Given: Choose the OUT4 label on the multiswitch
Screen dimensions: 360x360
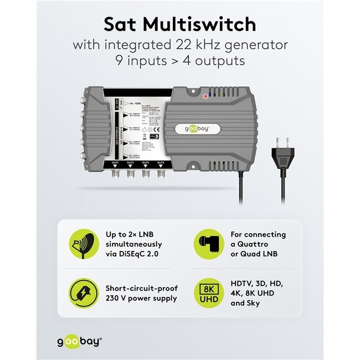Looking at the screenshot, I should click(x=161, y=162).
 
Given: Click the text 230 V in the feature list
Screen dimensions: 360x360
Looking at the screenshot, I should click(x=116, y=299).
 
